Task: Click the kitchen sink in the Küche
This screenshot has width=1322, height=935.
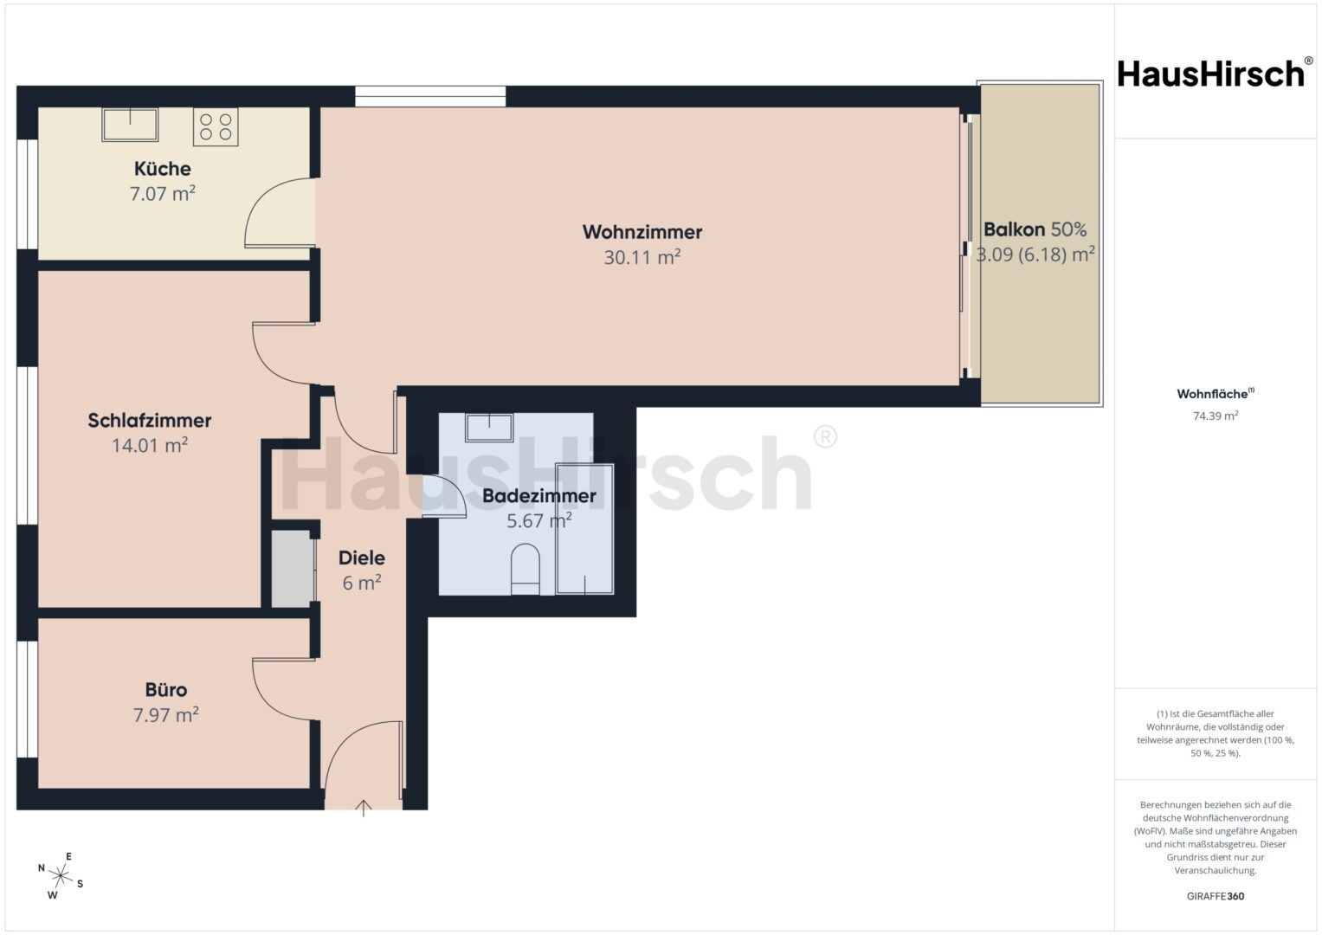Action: pyautogui.click(x=130, y=125)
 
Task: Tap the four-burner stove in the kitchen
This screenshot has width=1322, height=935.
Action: pyautogui.click(x=216, y=127)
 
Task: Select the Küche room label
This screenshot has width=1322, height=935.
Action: pyautogui.click(x=162, y=169)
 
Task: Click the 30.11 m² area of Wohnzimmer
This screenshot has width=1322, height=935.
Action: pyautogui.click(x=642, y=257)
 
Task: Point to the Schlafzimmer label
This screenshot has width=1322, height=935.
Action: pyautogui.click(x=149, y=420)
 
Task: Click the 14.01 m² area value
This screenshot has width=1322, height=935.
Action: pyautogui.click(x=150, y=444)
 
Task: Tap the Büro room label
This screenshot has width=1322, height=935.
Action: pyautogui.click(x=166, y=689)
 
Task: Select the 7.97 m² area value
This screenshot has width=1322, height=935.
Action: pyautogui.click(x=166, y=714)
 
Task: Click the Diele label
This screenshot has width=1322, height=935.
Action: pyautogui.click(x=362, y=558)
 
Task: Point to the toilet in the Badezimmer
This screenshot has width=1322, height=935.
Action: pyautogui.click(x=526, y=569)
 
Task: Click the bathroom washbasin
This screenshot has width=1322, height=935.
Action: pyautogui.click(x=489, y=428)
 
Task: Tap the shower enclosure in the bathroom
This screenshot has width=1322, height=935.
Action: pyautogui.click(x=585, y=529)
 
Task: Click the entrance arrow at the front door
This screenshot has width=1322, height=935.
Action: pyautogui.click(x=363, y=808)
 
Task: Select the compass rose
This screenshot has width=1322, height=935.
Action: pyautogui.click(x=61, y=875)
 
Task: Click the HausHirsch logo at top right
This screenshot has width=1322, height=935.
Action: pyautogui.click(x=1216, y=74)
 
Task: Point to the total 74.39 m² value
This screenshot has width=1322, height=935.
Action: pyautogui.click(x=1216, y=416)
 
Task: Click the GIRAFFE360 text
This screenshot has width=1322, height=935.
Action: pyautogui.click(x=1216, y=896)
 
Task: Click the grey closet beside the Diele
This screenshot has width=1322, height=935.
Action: pyautogui.click(x=292, y=569)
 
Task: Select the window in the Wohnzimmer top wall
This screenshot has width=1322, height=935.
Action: pyautogui.click(x=430, y=96)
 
